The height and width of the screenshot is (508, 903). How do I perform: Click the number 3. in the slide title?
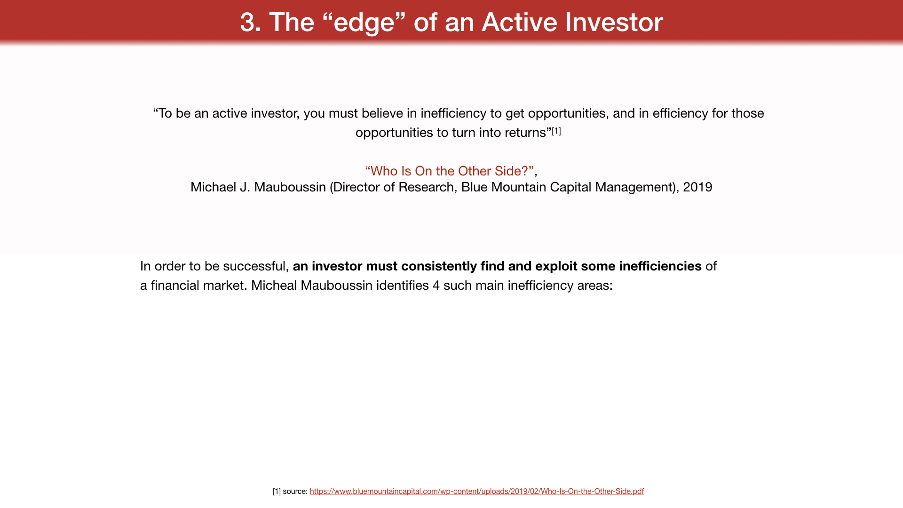[x=251, y=22]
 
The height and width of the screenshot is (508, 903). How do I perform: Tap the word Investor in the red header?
[x=614, y=22]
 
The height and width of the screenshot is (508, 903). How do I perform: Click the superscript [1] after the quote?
[x=556, y=131]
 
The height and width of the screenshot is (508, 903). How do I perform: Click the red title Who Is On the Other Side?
[x=449, y=171]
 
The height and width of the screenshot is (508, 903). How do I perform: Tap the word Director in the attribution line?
[x=355, y=187]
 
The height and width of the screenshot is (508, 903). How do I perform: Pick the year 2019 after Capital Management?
[x=697, y=187]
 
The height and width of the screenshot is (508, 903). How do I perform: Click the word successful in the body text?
[x=254, y=266]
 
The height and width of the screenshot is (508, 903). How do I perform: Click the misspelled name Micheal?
[x=274, y=286]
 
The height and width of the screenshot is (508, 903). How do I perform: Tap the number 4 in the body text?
[x=436, y=286]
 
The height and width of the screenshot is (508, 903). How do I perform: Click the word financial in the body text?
[x=175, y=286]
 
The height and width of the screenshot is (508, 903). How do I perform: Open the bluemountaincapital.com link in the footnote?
[x=476, y=491]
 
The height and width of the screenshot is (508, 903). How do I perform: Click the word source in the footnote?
[x=294, y=492]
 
